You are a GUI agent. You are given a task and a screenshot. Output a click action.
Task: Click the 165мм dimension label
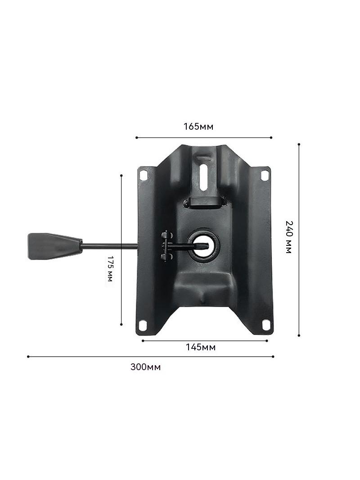pos(198,126)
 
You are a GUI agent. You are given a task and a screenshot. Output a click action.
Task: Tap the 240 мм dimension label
pos(289,237)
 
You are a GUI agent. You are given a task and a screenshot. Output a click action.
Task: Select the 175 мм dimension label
pos(110,268)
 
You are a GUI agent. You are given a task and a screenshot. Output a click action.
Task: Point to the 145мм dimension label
pos(201,347)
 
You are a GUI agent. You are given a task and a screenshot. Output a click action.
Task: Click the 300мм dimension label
pos(146,367)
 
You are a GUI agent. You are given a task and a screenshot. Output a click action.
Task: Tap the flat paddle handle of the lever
pos(55,246)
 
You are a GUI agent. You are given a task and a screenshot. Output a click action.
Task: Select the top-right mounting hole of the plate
pos(265,175)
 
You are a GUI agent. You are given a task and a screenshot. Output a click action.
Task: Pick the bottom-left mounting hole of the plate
pos(143,325)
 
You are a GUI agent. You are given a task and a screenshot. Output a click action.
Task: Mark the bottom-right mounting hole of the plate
pos(266,324)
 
